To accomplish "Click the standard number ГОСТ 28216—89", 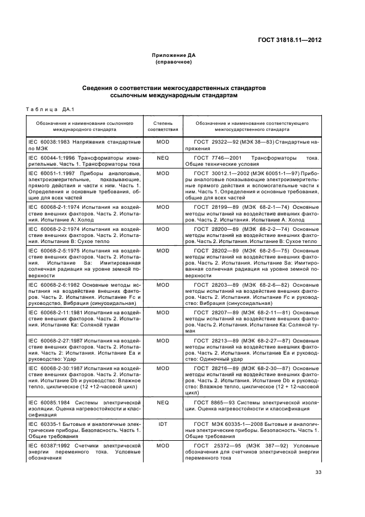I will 218,368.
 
